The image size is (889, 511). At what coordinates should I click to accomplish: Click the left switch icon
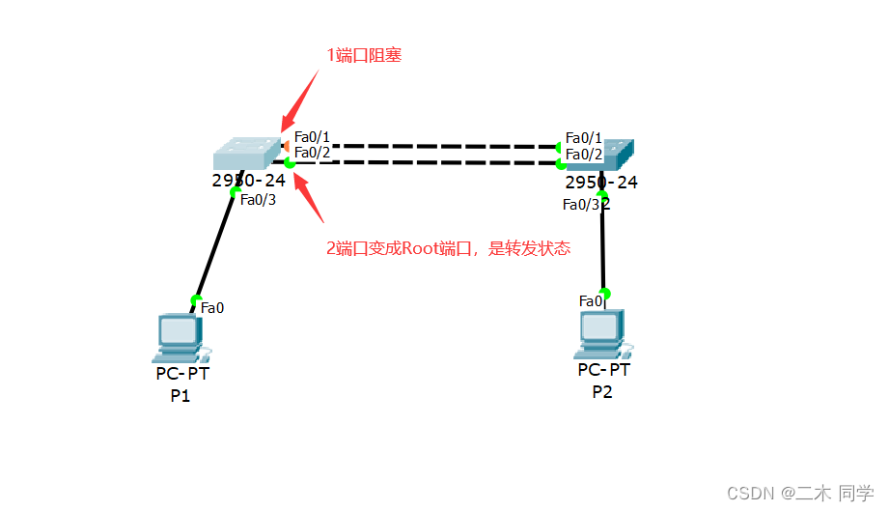(245, 154)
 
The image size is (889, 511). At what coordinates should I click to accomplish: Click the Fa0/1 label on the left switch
(313, 137)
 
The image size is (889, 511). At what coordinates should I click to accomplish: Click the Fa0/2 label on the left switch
(313, 153)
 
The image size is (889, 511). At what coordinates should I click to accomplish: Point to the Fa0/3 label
(258, 200)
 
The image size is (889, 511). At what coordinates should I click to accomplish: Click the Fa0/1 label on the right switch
(584, 138)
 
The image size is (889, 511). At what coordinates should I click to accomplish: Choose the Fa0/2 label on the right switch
(584, 154)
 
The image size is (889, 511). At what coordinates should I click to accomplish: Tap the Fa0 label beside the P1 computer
(212, 308)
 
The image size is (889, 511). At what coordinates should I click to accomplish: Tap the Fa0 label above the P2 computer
(590, 301)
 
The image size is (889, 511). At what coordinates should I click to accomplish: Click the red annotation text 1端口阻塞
(364, 55)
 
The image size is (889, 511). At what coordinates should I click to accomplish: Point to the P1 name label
(181, 395)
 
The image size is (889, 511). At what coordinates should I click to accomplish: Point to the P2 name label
(602, 391)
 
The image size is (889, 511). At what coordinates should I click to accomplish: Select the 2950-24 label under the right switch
(601, 183)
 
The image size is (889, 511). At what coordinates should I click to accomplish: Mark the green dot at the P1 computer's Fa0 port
(197, 300)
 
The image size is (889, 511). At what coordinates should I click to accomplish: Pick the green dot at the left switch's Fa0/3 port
(235, 192)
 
